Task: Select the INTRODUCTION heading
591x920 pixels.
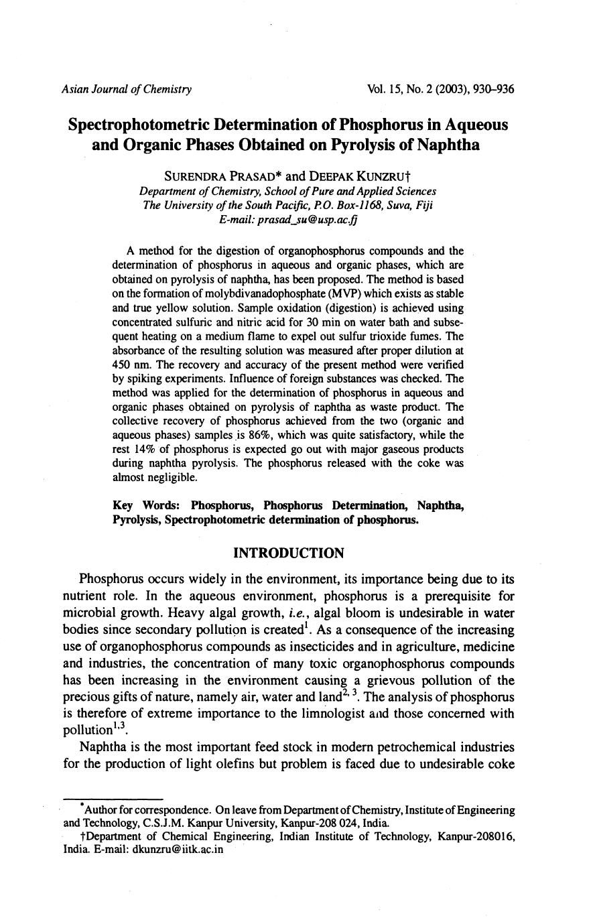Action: [288, 553]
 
